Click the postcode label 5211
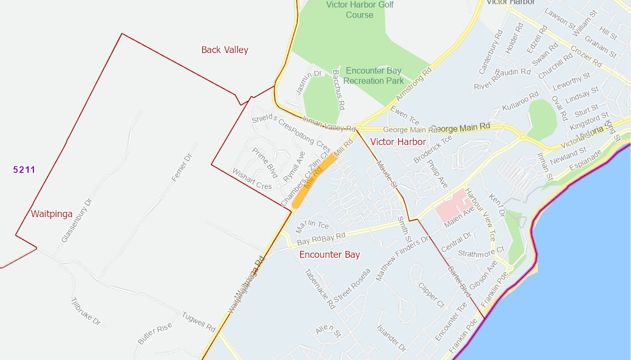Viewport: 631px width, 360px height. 24,169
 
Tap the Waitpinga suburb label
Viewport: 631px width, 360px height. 51,214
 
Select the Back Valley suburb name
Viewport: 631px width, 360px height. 225,50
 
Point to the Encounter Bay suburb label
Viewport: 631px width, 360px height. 330,255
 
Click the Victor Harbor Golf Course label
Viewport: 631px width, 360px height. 360,10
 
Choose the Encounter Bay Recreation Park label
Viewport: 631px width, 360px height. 374,76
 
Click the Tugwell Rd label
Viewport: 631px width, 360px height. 199,320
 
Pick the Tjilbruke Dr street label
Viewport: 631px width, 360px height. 85,311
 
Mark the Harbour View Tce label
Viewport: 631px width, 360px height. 481,214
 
